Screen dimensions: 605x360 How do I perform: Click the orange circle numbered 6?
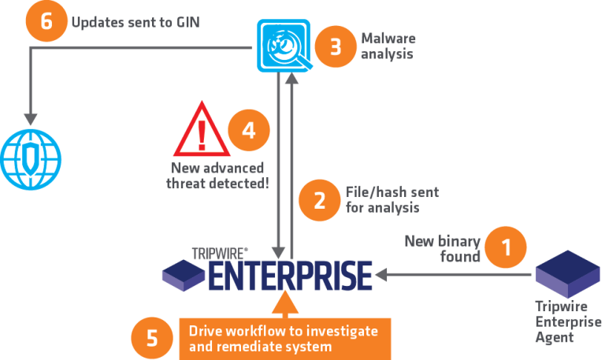pyautogui.click(x=46, y=20)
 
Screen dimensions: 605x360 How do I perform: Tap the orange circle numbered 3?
pyautogui.click(x=336, y=46)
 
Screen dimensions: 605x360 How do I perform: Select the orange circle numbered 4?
pyautogui.click(x=249, y=130)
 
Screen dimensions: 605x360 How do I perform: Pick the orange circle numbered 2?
pyautogui.click(x=320, y=200)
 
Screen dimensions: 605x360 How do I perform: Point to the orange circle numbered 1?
pyautogui.click(x=506, y=247)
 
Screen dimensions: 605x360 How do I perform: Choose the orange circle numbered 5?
pyautogui.click(x=151, y=338)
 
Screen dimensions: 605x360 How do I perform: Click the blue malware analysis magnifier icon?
pyautogui.click(x=284, y=46)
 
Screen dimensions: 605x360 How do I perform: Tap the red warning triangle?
pyautogui.click(x=202, y=129)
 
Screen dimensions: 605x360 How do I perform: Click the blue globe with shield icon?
pyautogui.click(x=31, y=159)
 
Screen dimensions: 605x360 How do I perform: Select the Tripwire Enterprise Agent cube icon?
pyautogui.click(x=568, y=274)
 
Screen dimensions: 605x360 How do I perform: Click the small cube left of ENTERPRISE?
pyautogui.click(x=184, y=275)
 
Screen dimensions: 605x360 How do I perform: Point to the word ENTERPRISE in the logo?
pyautogui.click(x=291, y=276)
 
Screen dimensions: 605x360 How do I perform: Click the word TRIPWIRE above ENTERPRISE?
pyautogui.click(x=219, y=254)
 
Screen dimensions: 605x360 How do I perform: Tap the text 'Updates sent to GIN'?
pyautogui.click(x=135, y=22)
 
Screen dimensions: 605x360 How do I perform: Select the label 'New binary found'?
pyautogui.click(x=443, y=248)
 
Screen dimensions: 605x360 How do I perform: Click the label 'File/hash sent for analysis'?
pyautogui.click(x=392, y=200)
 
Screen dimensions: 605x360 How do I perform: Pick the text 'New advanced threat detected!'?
pyautogui.click(x=217, y=176)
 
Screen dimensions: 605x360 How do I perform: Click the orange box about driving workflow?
pyautogui.click(x=285, y=339)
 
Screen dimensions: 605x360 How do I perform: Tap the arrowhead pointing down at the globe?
pyautogui.click(x=31, y=119)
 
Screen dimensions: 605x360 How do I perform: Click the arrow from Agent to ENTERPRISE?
pyautogui.click(x=453, y=275)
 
